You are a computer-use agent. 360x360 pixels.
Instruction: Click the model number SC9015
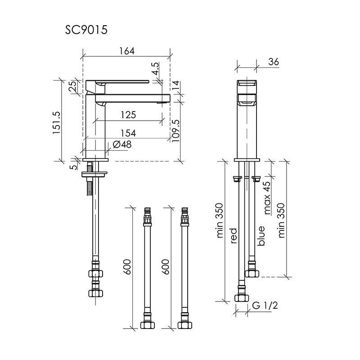click(86, 31)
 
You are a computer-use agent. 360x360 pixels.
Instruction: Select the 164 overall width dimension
click(127, 51)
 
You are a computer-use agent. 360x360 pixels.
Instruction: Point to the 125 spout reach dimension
click(128, 115)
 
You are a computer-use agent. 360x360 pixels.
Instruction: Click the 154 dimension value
click(128, 133)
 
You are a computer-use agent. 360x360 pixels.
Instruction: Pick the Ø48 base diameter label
click(119, 144)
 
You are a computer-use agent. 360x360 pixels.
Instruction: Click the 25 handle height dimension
click(72, 87)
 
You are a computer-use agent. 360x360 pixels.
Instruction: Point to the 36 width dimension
click(273, 63)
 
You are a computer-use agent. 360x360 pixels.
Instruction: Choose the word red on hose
click(234, 236)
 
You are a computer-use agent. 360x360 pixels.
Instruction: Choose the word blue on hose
click(261, 235)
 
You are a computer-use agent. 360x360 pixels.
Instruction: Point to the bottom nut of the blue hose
click(251, 273)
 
